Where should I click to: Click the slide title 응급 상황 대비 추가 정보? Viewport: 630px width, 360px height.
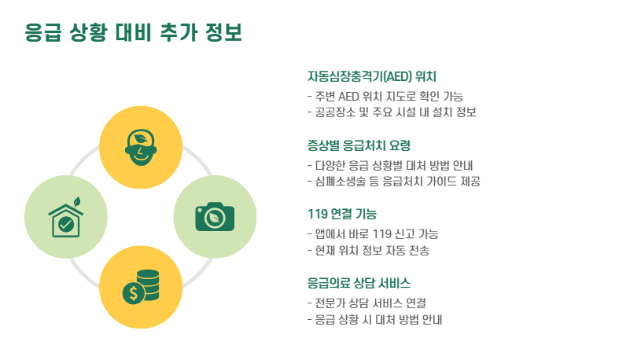pos(133,32)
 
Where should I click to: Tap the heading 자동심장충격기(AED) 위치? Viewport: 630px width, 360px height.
pos(371,76)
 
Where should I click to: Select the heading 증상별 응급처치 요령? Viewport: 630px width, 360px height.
pos(359,145)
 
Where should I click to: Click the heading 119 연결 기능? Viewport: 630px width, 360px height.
pos(342,214)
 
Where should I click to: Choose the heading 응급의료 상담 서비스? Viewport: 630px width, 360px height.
pos(359,282)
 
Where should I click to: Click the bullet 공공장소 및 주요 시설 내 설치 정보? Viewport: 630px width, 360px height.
pos(392,112)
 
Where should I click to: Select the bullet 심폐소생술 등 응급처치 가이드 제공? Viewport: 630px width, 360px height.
pos(393,181)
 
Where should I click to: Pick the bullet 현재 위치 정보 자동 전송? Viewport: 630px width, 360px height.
pos(368,250)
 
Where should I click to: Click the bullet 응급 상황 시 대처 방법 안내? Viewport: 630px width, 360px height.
pos(374,319)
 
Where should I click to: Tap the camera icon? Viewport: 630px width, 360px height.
pos(215,216)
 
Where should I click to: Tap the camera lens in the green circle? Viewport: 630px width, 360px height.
pos(215,219)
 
